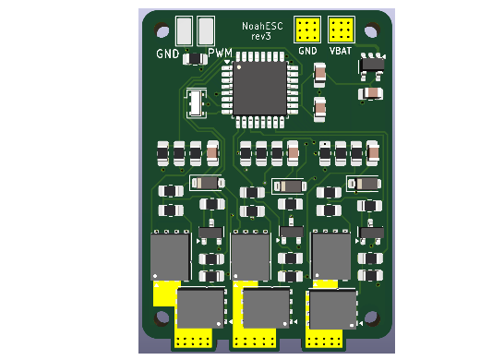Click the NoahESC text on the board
262,26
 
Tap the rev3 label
261,37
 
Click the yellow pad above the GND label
307,30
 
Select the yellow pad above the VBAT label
341,30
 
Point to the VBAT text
341,51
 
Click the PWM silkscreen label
221,54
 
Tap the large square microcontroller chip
259,89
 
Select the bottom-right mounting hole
372,318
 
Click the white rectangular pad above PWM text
206,30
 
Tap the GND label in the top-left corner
168,54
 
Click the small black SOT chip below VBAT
372,65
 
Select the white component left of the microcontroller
196,102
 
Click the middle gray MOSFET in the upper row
251,256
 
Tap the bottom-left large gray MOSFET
200,308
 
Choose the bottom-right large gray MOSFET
332,308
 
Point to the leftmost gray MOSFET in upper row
171,256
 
